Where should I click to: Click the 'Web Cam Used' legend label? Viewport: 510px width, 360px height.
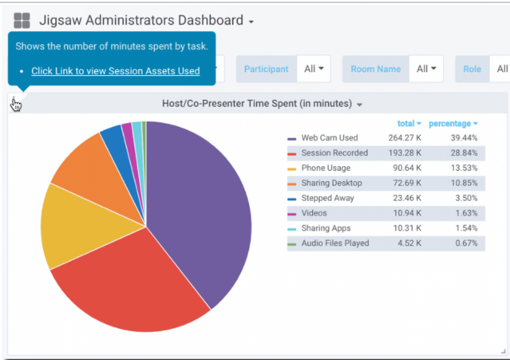(329, 138)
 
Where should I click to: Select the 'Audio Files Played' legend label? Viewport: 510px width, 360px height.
(334, 243)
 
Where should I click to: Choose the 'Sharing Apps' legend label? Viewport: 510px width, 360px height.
(326, 228)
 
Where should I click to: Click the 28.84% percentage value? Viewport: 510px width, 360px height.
(463, 153)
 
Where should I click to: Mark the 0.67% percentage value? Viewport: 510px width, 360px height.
(465, 243)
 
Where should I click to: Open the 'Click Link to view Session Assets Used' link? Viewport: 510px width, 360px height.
(115, 71)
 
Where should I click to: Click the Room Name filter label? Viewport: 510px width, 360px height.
(375, 69)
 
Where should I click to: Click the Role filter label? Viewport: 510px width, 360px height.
(472, 69)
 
